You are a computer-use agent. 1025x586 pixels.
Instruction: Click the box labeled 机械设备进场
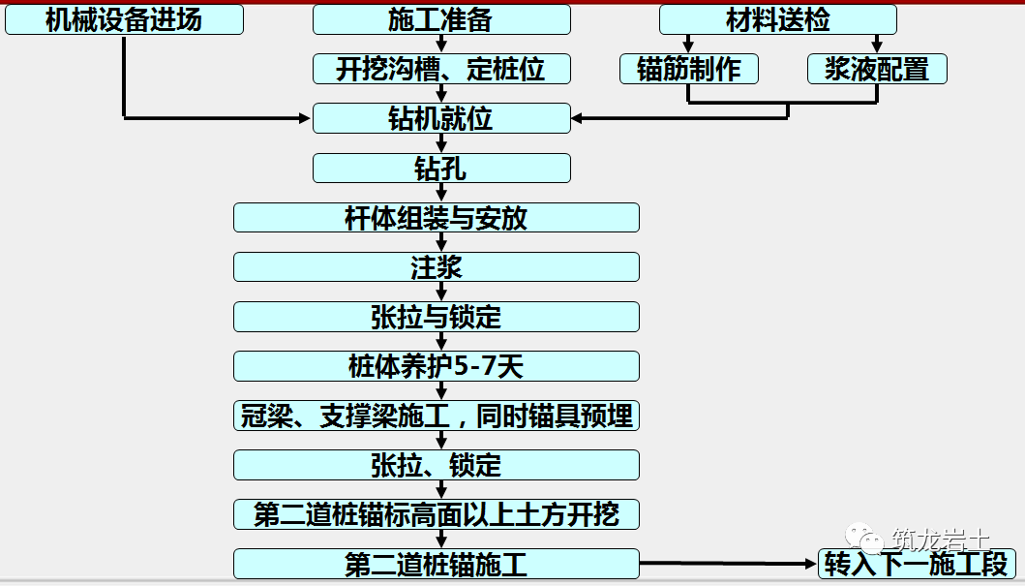click(124, 19)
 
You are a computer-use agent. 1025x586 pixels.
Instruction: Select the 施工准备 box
click(442, 19)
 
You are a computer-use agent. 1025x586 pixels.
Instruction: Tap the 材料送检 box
click(778, 19)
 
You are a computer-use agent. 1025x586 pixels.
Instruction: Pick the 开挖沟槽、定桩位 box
click(442, 69)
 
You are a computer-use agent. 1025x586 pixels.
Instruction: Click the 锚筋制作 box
click(689, 69)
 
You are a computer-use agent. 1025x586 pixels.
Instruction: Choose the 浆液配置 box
click(877, 69)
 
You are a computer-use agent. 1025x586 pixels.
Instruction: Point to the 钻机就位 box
click(442, 118)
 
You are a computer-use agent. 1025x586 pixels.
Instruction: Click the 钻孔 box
click(442, 169)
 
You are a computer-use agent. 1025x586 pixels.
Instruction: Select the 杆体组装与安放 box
click(437, 218)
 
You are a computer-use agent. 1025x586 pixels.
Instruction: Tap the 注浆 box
click(437, 266)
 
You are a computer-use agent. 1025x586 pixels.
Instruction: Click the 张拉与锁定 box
click(437, 317)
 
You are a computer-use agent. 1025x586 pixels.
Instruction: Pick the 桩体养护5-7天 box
click(437, 366)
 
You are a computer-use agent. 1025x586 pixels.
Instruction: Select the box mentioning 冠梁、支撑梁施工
click(437, 416)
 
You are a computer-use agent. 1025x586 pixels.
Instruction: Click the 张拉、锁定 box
click(437, 465)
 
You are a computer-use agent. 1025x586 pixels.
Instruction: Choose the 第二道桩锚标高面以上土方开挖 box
click(437, 514)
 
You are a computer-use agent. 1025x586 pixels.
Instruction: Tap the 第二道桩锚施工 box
click(437, 564)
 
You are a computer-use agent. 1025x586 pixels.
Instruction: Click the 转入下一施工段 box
click(917, 564)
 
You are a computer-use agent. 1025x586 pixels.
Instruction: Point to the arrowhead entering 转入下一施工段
click(813, 564)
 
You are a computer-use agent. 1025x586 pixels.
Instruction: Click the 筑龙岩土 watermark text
click(940, 540)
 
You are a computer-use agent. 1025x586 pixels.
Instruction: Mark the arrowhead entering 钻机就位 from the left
click(305, 118)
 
